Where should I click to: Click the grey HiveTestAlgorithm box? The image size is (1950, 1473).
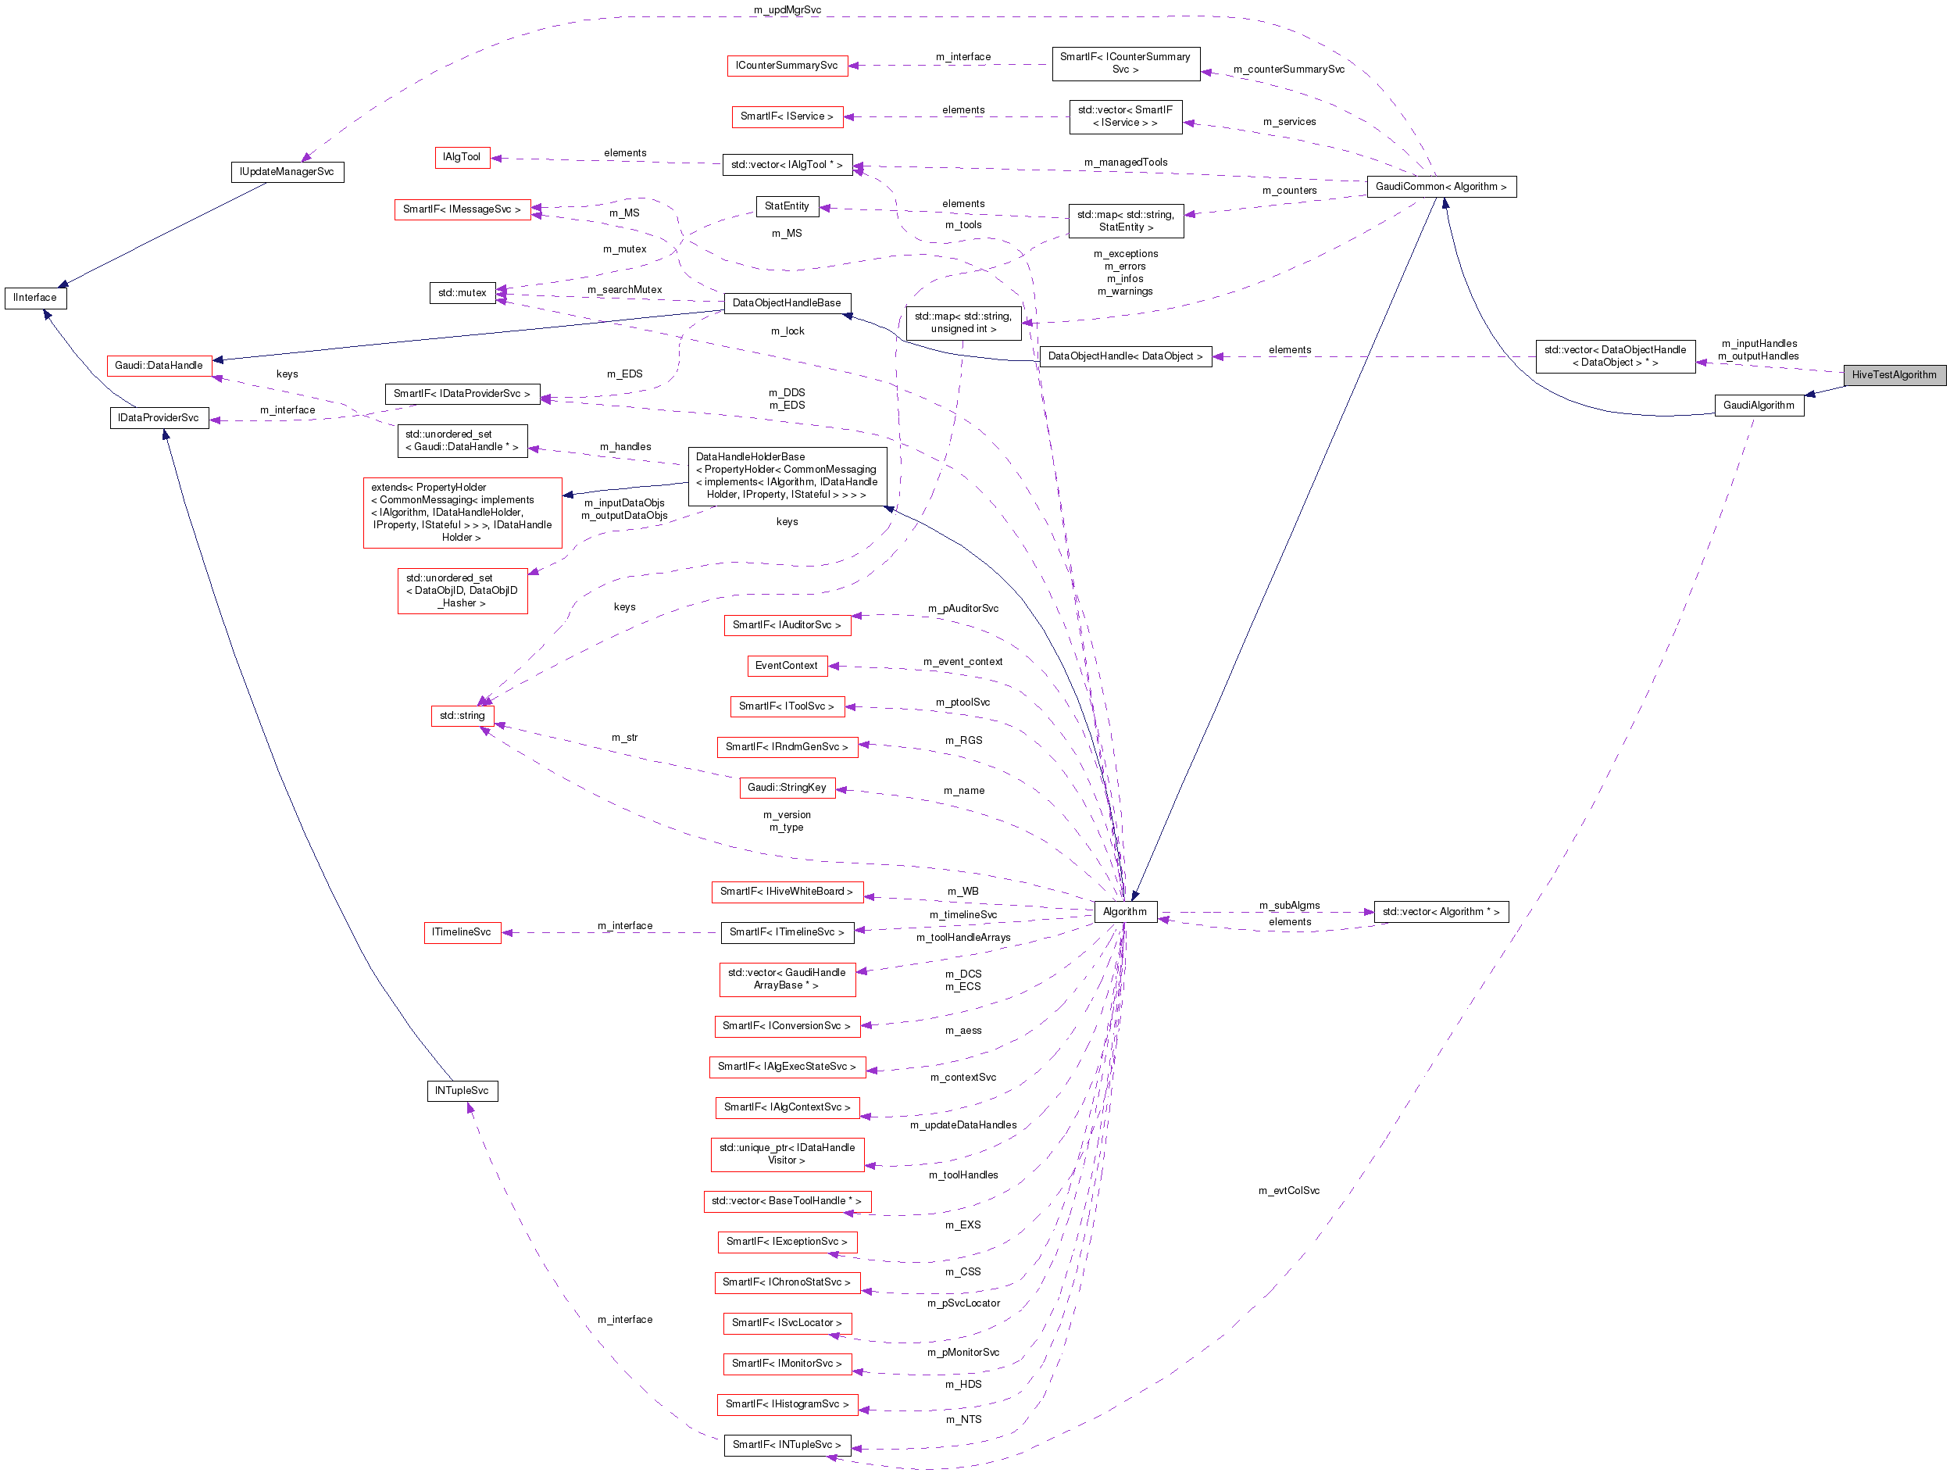[x=1894, y=374]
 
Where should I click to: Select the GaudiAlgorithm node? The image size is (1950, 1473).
[x=1758, y=406]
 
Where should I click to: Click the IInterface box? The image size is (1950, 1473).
[x=35, y=298]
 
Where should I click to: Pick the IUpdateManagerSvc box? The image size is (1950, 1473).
[x=287, y=172]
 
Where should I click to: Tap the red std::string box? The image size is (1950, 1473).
[x=462, y=716]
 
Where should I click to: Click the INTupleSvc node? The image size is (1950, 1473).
[x=461, y=1092]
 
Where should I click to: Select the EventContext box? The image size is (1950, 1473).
[x=787, y=666]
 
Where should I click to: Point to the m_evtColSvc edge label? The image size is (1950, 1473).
[x=1288, y=1191]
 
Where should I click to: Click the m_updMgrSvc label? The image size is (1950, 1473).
[x=787, y=9]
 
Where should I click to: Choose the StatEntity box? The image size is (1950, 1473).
[x=787, y=206]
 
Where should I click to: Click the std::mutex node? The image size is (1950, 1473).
[x=462, y=293]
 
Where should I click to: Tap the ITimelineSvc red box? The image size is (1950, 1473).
[x=461, y=932]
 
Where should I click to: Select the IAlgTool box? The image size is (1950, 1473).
[x=461, y=157]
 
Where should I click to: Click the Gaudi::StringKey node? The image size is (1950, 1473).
[x=787, y=787]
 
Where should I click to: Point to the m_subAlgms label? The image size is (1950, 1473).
[x=1288, y=906]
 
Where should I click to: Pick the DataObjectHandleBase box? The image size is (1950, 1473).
[x=787, y=303]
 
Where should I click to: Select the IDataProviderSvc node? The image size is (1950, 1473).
[x=159, y=418]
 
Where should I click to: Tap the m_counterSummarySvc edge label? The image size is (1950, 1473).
[x=1288, y=69]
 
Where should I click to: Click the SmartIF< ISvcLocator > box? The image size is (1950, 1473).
[x=787, y=1323]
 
